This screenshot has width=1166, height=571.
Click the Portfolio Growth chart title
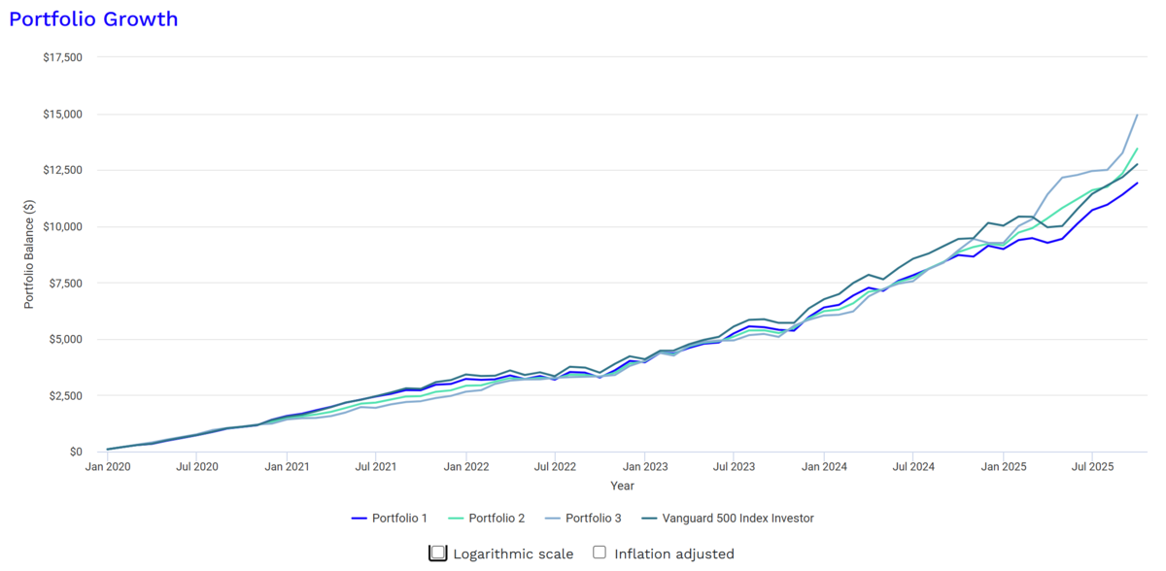(x=93, y=19)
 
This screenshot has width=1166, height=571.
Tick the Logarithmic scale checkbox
(x=438, y=553)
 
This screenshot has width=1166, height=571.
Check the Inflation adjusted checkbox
(x=600, y=553)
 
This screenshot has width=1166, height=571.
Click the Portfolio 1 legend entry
(x=390, y=519)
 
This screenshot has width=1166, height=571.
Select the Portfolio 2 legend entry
(x=487, y=519)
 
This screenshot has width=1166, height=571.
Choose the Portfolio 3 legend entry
(x=584, y=519)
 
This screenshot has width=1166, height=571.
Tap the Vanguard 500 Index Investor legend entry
(x=728, y=519)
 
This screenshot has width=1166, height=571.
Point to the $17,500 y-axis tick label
(x=62, y=57)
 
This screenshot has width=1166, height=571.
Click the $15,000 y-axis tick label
(x=62, y=114)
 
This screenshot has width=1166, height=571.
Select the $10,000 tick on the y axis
(x=62, y=226)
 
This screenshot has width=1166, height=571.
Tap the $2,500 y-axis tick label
(x=66, y=396)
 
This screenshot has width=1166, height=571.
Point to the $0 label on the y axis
(x=76, y=452)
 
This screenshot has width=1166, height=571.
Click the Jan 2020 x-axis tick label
(x=108, y=467)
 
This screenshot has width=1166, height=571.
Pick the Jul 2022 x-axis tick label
(x=555, y=467)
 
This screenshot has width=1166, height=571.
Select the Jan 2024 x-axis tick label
(x=824, y=467)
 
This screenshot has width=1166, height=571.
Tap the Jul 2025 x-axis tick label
(x=1092, y=467)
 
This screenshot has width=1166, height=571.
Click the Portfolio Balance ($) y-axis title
(x=28, y=254)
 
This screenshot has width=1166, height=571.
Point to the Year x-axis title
(x=622, y=486)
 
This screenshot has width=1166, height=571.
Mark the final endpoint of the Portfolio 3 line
(x=1138, y=115)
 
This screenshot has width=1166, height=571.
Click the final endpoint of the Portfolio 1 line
(x=1138, y=184)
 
